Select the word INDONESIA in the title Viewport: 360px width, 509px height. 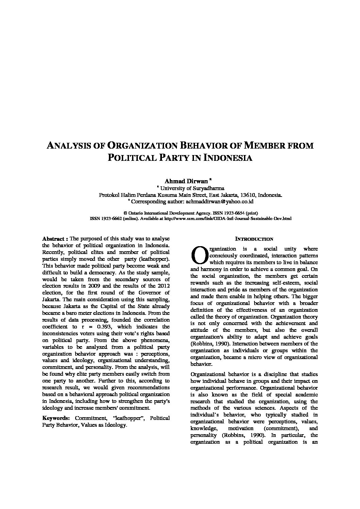pyautogui.click(x=228, y=158)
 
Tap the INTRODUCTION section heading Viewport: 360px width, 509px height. pyautogui.click(x=254, y=239)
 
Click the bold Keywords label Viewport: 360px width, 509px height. pyautogui.click(x=56, y=418)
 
